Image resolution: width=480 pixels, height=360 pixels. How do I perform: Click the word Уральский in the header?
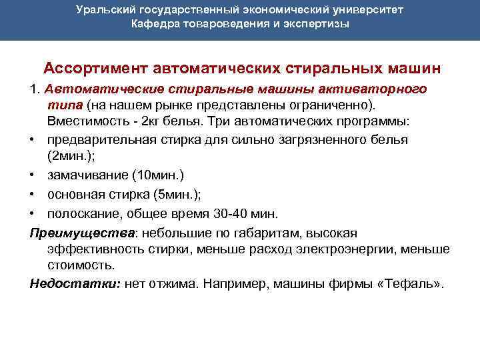pyautogui.click(x=103, y=11)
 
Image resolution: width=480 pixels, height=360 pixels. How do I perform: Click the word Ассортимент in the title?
pyautogui.click(x=95, y=69)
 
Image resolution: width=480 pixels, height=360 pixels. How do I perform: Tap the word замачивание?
pyautogui.click(x=87, y=175)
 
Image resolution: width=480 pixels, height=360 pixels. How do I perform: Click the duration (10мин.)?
pyautogui.click(x=158, y=175)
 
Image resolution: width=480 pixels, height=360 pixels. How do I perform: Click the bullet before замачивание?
pyautogui.click(x=33, y=176)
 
